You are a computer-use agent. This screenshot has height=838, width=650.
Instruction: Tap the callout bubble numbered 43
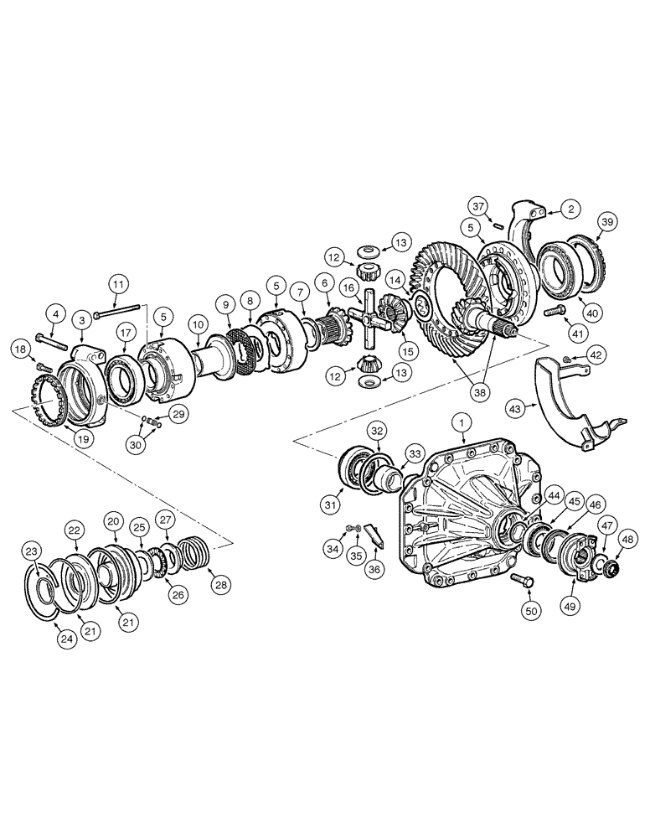coord(516,408)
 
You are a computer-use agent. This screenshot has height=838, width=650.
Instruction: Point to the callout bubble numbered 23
coord(32,551)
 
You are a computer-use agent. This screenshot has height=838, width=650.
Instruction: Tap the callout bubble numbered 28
coord(222,583)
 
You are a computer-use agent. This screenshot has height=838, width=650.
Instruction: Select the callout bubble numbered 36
coord(374,569)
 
